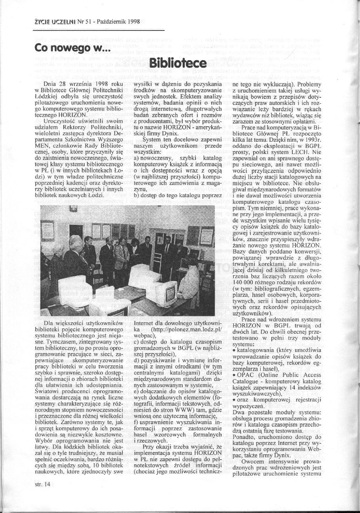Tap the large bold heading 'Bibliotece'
178,64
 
